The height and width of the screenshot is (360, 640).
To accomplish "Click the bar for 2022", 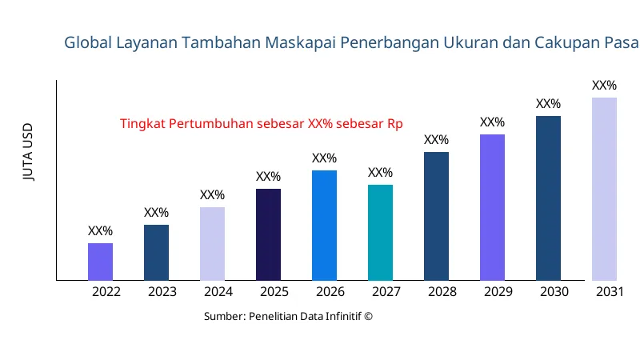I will [x=100, y=262].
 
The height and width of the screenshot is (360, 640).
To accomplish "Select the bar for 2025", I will [x=268, y=234].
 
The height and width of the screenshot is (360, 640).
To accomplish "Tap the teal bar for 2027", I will [x=380, y=232].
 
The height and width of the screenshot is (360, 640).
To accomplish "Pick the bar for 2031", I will [x=604, y=189].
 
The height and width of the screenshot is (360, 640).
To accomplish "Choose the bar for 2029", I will [x=492, y=207].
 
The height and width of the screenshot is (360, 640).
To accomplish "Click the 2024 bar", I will [x=212, y=243].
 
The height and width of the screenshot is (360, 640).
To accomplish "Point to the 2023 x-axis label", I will [x=162, y=292].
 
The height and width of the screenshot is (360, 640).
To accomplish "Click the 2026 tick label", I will [x=330, y=292].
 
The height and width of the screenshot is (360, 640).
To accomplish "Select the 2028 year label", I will [x=442, y=292].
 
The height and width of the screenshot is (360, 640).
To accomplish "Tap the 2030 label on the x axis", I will [x=554, y=292].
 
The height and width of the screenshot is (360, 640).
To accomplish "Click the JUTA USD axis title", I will [x=29, y=152].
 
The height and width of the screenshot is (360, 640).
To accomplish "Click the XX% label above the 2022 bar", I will [x=100, y=231].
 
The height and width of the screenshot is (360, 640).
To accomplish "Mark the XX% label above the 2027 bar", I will [x=380, y=173].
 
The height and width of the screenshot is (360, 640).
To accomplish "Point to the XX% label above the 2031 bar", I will [x=604, y=86].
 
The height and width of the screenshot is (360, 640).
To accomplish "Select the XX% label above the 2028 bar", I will [x=436, y=140].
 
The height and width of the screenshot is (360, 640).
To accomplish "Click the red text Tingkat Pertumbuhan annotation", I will [x=261, y=124].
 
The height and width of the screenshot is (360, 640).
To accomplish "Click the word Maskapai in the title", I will [x=303, y=42].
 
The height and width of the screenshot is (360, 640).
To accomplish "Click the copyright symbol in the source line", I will [x=368, y=316].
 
